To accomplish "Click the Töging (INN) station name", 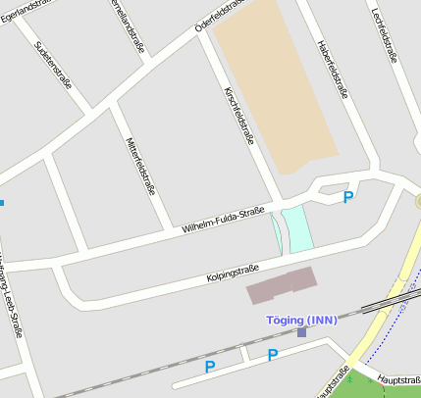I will pos(301,320).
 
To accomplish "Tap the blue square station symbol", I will pos(301,332).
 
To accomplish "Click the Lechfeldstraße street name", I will pos(385,35).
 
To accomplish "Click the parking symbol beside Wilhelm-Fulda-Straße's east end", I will pos(347,198).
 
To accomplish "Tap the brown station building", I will pos(282,284).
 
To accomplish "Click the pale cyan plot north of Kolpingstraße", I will pos(297,228).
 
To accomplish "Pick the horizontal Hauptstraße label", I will pos(398,377).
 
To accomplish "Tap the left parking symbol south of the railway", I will pos(209,367).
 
